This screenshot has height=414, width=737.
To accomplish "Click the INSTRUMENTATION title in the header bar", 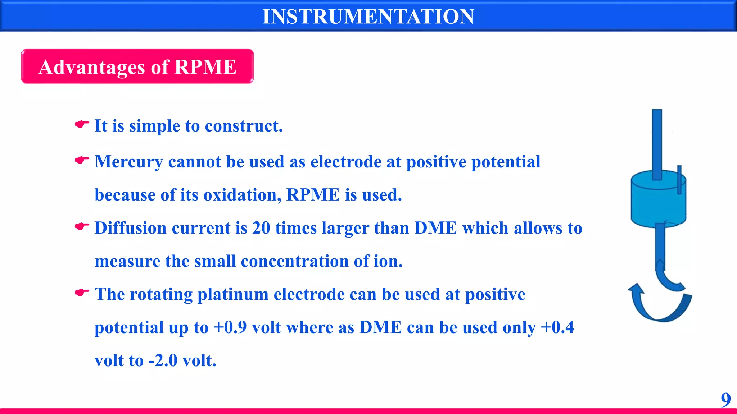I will (x=368, y=17).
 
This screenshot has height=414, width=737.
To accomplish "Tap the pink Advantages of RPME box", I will (x=137, y=66).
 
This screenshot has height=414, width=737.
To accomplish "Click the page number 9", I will (x=725, y=400).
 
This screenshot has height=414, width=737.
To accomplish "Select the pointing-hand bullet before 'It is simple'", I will (x=82, y=124).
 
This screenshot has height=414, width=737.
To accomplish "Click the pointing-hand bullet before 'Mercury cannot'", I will (x=82, y=160).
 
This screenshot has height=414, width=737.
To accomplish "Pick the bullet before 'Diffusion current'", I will (x=82, y=226).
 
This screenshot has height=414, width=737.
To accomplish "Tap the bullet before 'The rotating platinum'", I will (x=82, y=293).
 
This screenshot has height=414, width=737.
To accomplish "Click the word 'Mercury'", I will (x=128, y=162).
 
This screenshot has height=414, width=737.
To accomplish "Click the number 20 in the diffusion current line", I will (x=261, y=228).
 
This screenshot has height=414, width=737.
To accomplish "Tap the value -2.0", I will (x=163, y=360).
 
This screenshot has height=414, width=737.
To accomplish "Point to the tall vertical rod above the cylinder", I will (x=657, y=144).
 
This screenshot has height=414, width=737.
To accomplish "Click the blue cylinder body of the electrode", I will (x=658, y=205).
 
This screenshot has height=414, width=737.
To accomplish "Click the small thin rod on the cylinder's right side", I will (x=679, y=180).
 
